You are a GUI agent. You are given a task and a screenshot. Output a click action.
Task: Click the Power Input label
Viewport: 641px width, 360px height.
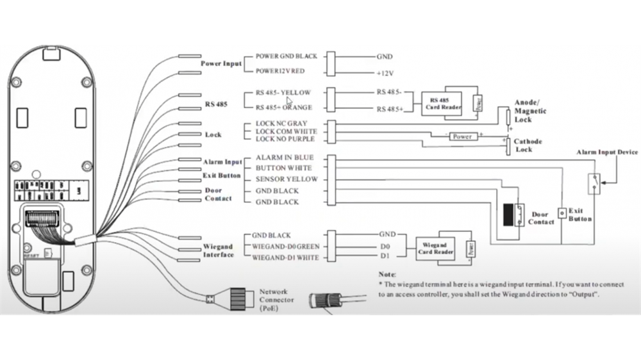click(221, 64)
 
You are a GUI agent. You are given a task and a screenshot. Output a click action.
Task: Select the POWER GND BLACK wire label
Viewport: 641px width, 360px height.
click(286, 56)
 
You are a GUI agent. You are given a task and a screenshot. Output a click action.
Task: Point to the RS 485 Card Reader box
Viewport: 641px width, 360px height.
click(438, 104)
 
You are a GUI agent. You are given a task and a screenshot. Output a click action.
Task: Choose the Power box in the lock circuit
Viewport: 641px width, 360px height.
click(462, 136)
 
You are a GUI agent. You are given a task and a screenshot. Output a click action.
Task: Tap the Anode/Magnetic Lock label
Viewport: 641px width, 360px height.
click(530, 111)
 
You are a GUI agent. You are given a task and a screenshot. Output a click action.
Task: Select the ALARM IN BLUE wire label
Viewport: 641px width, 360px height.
click(285, 158)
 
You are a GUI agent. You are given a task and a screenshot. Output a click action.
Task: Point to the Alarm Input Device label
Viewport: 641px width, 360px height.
click(606, 152)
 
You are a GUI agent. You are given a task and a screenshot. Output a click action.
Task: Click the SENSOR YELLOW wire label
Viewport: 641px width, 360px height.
click(287, 179)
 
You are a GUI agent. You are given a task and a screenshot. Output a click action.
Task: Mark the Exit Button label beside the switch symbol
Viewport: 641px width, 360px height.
click(580, 215)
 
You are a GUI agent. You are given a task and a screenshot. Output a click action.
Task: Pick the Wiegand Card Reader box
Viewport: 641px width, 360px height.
click(436, 248)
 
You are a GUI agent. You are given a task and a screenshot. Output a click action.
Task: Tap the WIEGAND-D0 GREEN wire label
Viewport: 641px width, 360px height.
click(285, 247)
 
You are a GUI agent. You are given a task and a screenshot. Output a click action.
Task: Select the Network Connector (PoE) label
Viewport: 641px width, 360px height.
click(276, 300)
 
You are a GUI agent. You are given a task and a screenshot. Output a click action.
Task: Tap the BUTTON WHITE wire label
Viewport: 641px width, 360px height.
click(284, 168)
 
